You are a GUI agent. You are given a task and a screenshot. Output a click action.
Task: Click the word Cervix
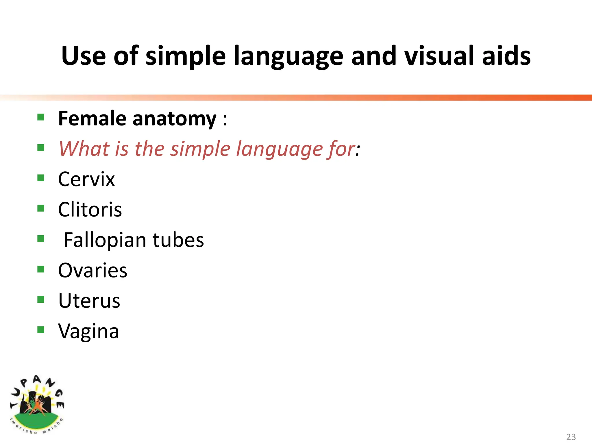click(86, 179)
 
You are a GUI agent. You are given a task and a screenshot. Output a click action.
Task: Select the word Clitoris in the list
click(90, 210)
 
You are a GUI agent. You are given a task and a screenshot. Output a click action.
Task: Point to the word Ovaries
click(92, 271)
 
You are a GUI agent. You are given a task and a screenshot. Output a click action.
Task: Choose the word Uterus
click(89, 301)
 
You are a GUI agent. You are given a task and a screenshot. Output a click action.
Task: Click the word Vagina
click(88, 331)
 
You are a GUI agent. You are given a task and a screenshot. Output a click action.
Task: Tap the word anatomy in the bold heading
click(174, 119)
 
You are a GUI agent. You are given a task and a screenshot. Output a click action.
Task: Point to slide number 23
click(571, 437)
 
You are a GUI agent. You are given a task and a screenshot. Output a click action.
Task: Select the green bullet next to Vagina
click(41, 330)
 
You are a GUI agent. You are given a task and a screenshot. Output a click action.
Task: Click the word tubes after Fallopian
click(178, 240)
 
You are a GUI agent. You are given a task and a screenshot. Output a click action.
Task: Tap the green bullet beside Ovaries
click(41, 269)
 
